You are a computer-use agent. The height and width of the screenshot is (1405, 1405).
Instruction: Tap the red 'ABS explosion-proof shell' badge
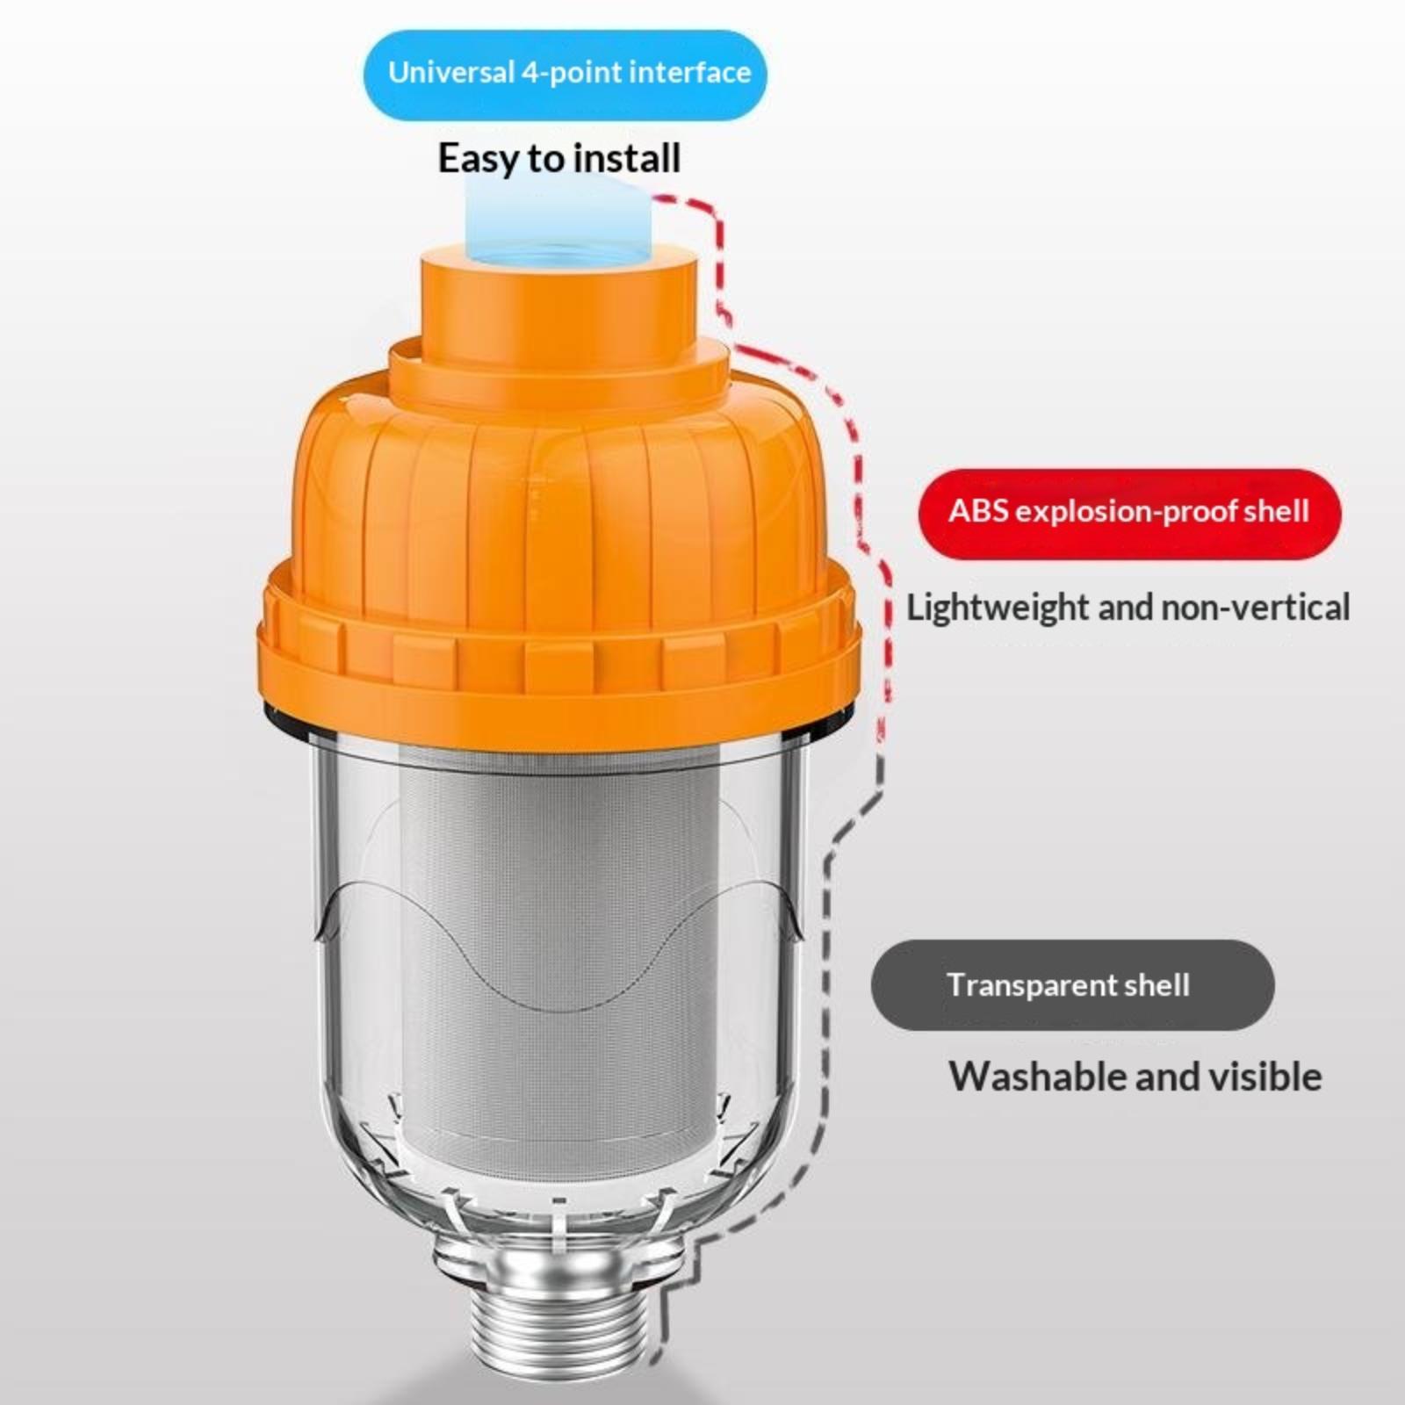(x=1129, y=513)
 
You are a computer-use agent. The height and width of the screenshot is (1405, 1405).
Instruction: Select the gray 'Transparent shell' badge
(x=1072, y=985)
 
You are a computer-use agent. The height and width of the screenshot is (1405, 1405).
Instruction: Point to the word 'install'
(x=626, y=158)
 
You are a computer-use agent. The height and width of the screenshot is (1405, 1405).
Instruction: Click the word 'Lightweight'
(x=998, y=609)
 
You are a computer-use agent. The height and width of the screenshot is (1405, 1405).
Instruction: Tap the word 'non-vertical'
(x=1256, y=608)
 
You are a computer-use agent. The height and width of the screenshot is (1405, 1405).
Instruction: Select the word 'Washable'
(x=1036, y=1077)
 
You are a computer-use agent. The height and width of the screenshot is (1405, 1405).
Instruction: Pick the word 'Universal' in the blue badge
(x=451, y=72)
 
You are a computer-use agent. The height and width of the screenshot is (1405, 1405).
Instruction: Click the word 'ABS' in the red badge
(x=977, y=511)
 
